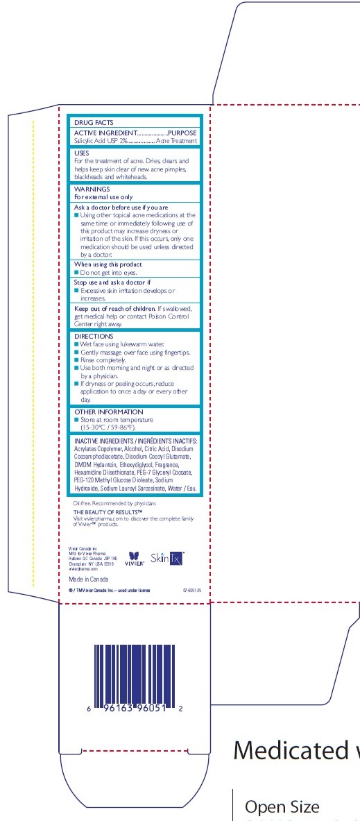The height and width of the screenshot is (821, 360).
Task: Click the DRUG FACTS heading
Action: [94, 122]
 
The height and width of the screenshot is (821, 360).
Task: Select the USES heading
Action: [82, 153]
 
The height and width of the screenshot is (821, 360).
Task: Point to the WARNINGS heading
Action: [92, 189]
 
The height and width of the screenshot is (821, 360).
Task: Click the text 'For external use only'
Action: [103, 197]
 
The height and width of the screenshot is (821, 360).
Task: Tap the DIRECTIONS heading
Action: [93, 335]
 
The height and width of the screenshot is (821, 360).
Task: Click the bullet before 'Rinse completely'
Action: [76, 361]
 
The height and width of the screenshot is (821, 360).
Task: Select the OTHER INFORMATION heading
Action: [109, 412]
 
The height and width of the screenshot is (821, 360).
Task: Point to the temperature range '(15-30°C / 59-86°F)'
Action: [114, 428]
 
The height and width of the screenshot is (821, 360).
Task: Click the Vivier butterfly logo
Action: [135, 557]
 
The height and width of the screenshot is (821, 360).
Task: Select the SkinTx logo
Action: [167, 557]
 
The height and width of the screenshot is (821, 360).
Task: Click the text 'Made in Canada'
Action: [87, 577]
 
